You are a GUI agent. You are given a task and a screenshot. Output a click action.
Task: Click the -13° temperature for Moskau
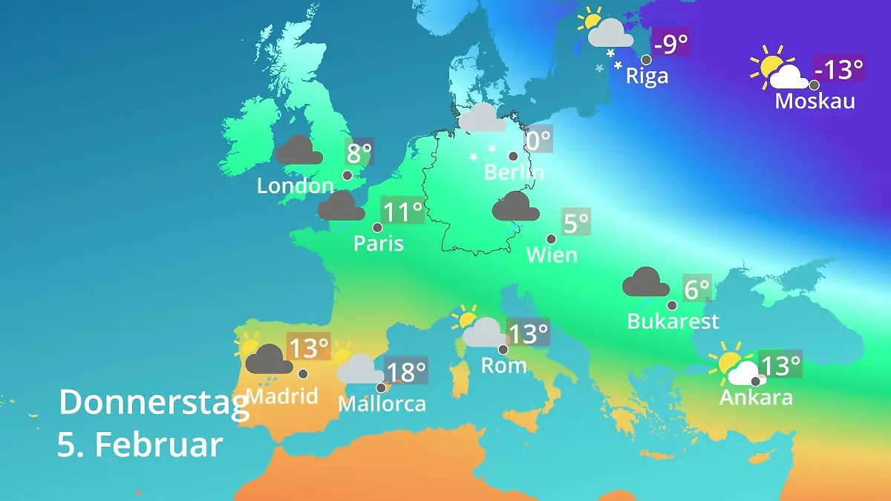840,70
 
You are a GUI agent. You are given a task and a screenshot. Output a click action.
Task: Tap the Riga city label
647,76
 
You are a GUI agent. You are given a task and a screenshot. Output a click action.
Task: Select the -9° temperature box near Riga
671,45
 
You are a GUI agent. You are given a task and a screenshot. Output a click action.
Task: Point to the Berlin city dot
512,156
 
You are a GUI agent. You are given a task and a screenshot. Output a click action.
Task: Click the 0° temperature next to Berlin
538,139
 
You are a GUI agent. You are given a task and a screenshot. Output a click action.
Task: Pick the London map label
295,186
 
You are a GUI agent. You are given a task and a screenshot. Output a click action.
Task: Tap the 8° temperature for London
359,154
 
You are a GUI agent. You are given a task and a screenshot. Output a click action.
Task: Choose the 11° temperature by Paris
402,212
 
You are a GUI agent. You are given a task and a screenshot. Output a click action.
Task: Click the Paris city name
378,243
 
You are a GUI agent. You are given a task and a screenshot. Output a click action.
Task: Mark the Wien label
552,255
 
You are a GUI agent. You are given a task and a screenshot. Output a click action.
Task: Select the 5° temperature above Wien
576,223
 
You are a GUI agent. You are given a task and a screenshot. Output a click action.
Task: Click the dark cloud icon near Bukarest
646,283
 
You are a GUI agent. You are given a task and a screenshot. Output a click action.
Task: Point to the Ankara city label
756,397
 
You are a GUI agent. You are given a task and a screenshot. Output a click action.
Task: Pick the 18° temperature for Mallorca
406,370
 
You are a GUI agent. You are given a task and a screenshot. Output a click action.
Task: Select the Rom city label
504,365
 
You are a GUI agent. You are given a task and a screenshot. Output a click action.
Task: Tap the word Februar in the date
159,445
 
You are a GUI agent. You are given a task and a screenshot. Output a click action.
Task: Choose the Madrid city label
282,396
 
